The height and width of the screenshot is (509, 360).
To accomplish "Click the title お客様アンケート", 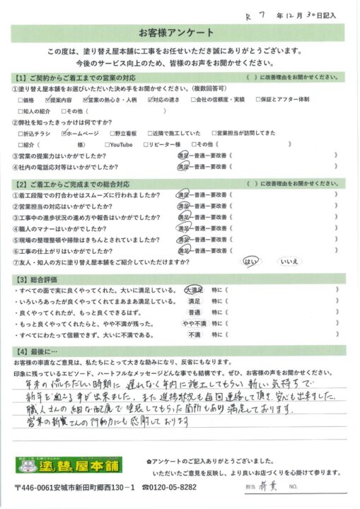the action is pos(180,33).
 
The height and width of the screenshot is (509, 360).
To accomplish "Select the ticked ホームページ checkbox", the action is pos(63,132).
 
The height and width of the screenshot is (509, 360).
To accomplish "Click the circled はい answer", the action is pos(252,261).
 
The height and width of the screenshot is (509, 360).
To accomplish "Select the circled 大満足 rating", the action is pos(194,290).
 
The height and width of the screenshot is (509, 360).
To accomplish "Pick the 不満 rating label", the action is pos(194,336).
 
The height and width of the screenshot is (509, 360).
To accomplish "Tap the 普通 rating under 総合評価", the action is pos(194,313).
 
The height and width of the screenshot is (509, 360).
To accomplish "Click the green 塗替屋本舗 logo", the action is pos(68,466).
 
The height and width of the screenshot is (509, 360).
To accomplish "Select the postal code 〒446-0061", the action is pos(37,488).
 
